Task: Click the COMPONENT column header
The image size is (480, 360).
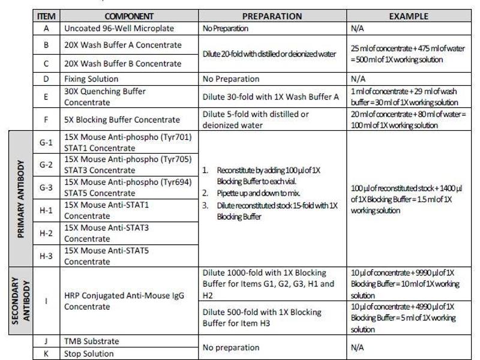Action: [x=129, y=16]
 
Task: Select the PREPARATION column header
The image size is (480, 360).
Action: [x=272, y=16]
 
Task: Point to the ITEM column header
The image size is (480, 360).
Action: [x=46, y=16]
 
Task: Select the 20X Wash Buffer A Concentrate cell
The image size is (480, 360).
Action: [x=123, y=45]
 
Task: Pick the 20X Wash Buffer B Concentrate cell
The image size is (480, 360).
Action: [x=123, y=63]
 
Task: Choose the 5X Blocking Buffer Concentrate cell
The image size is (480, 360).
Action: [x=122, y=119]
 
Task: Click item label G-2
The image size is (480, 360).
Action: [x=46, y=164]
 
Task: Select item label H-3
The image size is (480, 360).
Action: [x=46, y=256]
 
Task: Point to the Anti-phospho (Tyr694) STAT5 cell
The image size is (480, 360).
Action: [x=128, y=187]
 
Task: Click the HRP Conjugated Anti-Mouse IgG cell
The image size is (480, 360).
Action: [x=124, y=301]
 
